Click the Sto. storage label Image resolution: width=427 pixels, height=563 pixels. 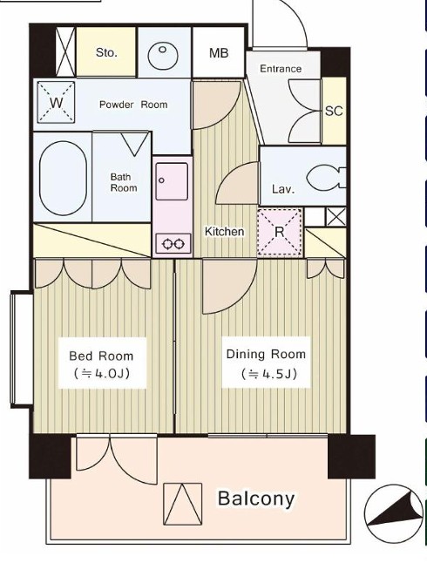106,53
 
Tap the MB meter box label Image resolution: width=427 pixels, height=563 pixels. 219,53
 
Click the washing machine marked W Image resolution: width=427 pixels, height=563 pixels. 56,103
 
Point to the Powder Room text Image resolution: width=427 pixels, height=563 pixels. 133,105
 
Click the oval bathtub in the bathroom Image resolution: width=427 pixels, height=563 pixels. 63,178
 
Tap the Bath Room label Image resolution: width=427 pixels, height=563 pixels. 124,182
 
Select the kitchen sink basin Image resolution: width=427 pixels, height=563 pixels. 172,181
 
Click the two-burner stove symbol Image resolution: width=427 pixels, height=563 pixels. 173,244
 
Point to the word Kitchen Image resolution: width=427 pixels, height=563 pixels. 225,232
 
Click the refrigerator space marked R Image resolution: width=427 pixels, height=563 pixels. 280,232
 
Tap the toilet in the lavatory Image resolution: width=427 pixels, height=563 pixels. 326,178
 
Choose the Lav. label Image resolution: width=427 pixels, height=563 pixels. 283,189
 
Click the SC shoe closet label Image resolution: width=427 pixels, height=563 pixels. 334,111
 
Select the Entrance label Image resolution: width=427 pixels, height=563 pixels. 281,69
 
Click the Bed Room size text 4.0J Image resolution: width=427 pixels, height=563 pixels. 102,374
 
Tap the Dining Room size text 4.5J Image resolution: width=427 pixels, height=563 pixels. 269,374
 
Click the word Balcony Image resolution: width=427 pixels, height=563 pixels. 256,499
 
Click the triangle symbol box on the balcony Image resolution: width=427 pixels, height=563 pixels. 183,504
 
